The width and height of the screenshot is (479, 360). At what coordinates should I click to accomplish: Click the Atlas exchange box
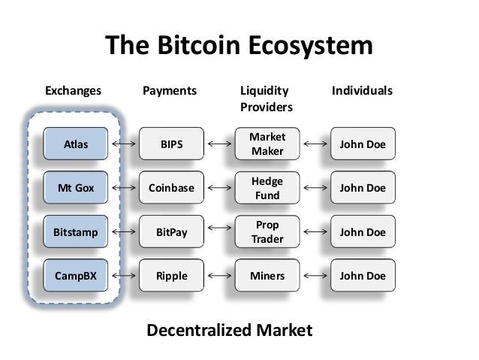75,144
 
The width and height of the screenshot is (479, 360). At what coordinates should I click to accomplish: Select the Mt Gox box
75,188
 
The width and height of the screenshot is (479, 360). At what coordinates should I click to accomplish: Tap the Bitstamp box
75,232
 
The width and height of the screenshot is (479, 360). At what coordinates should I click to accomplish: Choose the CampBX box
75,276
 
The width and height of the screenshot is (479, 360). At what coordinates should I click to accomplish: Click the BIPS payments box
172,144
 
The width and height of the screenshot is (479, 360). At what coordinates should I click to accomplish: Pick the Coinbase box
172,188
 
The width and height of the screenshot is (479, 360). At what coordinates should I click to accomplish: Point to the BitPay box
172,232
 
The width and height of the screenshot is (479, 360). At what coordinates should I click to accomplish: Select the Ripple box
172,276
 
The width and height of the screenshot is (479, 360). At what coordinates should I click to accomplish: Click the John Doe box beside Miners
363,276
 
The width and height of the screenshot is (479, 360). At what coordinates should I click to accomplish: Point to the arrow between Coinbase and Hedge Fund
219,188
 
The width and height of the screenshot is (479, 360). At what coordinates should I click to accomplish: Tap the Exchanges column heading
73,91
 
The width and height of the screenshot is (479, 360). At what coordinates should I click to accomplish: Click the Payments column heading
170,91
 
